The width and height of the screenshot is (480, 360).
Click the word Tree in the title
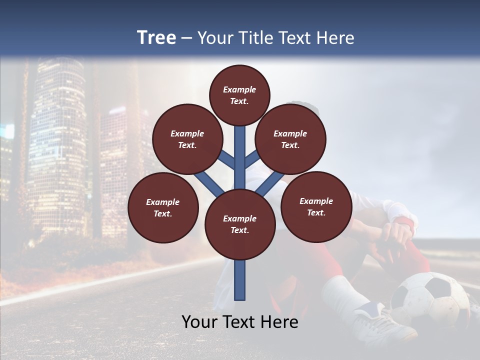pos(156,38)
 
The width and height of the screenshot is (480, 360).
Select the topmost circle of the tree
pos(239,95)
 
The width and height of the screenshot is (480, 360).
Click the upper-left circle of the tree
pos(187,139)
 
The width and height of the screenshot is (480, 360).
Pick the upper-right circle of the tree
pos(290,139)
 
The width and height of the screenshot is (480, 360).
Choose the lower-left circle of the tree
pos(163,207)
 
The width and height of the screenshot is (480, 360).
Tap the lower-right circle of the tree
pos(316,206)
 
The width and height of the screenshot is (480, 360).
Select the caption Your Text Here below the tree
pos(239,322)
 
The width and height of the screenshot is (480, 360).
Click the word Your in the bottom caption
pos(199,322)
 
